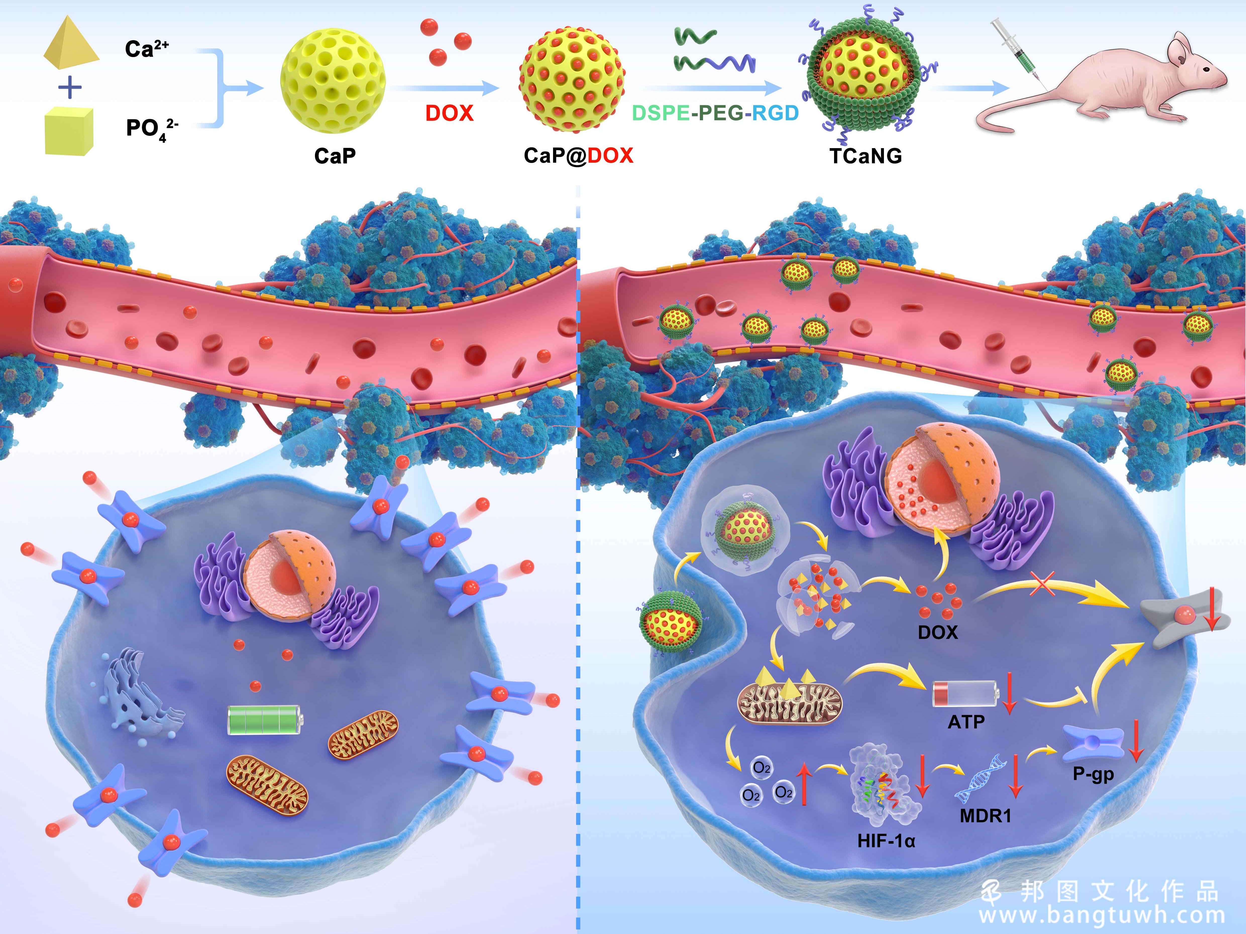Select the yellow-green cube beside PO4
point(69,131)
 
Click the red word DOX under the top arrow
point(449,113)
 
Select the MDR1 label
point(985,816)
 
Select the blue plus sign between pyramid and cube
point(70,88)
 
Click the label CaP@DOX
point(578,155)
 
